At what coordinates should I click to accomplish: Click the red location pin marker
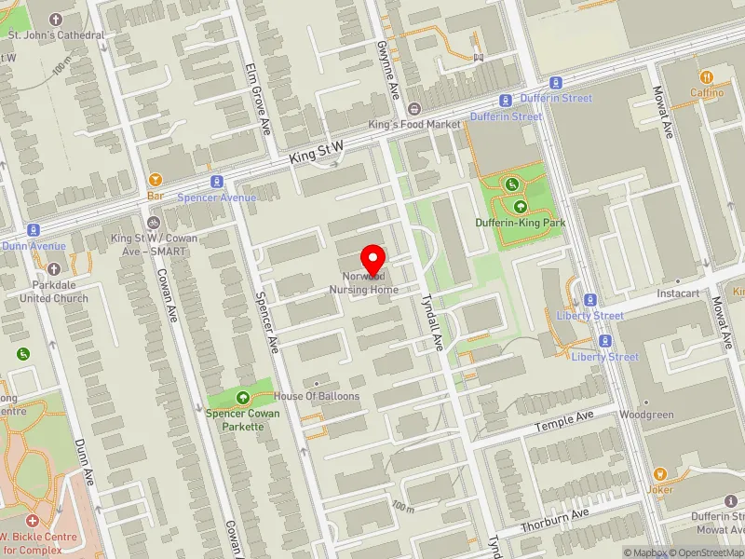[373, 258]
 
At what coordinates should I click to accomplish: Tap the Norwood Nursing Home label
[363, 283]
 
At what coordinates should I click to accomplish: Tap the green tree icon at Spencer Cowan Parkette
[243, 396]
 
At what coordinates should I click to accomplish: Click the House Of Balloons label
[316, 396]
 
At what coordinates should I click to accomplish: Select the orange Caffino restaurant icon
[707, 77]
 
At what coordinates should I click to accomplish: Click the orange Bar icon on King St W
[156, 180]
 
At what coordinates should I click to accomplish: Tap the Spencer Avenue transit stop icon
[216, 181]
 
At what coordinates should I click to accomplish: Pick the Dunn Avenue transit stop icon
[34, 229]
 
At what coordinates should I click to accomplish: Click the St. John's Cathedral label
[57, 35]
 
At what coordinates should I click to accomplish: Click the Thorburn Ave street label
[555, 521]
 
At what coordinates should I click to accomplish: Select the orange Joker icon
[660, 473]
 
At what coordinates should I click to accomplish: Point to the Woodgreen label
[646, 415]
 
